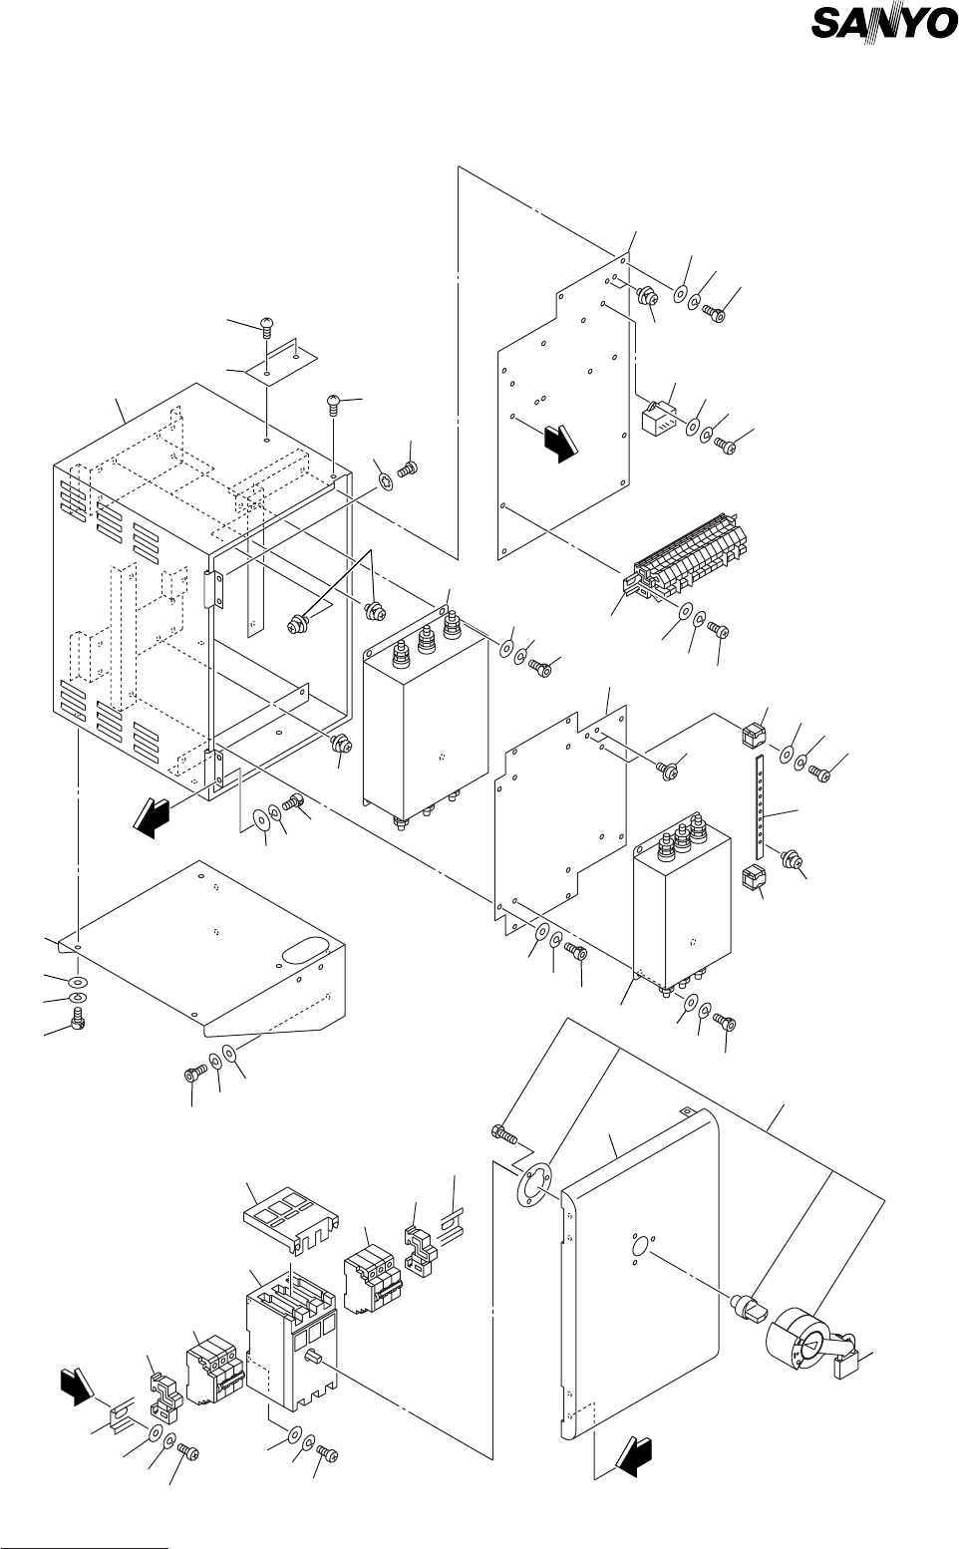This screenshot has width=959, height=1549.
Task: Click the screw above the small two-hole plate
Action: click(x=266, y=324)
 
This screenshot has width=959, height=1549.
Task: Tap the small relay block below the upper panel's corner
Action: click(x=657, y=419)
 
